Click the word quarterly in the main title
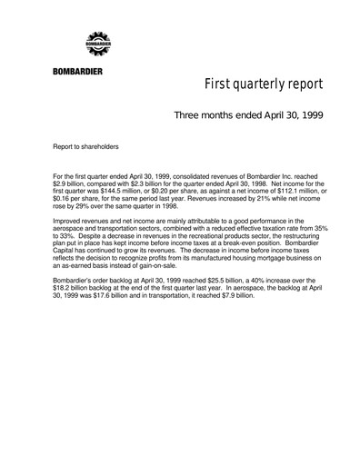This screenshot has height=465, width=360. [x=260, y=87]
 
